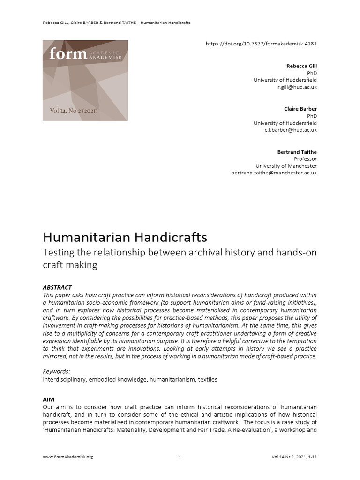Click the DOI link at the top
(x=261, y=44)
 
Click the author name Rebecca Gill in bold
(x=301, y=66)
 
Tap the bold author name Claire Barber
(x=300, y=109)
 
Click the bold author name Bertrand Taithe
(x=297, y=152)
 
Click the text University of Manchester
(x=286, y=166)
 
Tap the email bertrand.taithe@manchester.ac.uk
(x=274, y=173)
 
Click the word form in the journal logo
(x=68, y=54)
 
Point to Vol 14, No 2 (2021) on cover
(x=74, y=111)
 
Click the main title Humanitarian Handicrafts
(x=125, y=236)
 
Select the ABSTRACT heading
(x=57, y=287)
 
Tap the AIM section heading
(x=49, y=399)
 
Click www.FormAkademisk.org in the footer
(x=67, y=457)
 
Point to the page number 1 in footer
(x=180, y=457)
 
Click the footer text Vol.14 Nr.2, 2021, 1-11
(x=294, y=457)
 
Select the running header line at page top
(x=116, y=23)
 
